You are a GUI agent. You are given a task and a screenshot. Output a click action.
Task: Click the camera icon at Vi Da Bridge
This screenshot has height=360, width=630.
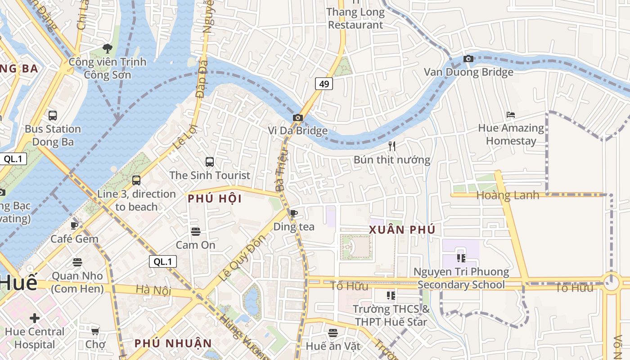coord(297,118)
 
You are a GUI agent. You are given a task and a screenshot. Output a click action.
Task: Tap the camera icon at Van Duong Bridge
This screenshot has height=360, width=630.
coord(468,58)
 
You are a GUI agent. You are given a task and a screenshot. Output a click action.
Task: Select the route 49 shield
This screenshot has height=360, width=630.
coord(324,83)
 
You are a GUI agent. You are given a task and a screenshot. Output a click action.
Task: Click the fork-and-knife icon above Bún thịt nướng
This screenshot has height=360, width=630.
coord(392,146)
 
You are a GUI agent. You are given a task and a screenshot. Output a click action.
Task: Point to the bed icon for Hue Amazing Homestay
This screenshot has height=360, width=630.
coord(510,115)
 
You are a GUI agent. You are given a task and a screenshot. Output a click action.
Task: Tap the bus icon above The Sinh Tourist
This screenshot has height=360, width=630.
coord(209,162)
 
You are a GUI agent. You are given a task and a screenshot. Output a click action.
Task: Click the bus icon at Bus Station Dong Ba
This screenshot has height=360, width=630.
coord(53,116)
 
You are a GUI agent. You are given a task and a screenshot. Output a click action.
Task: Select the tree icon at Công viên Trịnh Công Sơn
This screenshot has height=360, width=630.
coord(107,48)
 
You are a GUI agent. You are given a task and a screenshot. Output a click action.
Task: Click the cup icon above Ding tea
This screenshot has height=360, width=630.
coord(294,214)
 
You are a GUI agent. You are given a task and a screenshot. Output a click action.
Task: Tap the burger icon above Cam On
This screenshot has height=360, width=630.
coord(195,232)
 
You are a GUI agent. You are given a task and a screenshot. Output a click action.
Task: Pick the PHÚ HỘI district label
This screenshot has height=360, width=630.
coord(215,198)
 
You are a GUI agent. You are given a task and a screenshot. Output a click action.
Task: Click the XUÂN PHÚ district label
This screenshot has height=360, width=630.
coord(402,229)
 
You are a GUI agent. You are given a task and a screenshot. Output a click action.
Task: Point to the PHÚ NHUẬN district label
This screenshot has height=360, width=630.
coord(173,343)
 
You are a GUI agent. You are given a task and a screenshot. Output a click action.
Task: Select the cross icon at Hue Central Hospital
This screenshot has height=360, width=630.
coord(35,319)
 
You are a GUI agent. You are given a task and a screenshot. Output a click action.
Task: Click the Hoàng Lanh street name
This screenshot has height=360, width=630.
coord(507,195)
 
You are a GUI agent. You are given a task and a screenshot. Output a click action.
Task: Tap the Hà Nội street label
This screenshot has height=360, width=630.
coord(153,290)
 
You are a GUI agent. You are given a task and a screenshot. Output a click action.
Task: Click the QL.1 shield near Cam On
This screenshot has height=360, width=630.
coord(163,261)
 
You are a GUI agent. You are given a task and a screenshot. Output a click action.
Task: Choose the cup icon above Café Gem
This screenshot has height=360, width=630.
coord(74,225)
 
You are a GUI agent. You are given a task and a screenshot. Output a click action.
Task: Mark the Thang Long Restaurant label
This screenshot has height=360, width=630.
coord(355,18)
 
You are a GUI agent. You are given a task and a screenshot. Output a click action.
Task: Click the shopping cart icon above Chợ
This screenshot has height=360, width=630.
coord(95,332)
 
